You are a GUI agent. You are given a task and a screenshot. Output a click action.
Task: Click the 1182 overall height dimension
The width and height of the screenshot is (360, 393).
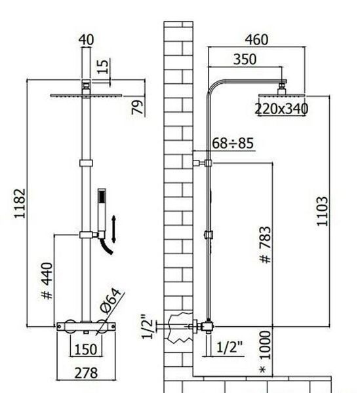pos(20,204)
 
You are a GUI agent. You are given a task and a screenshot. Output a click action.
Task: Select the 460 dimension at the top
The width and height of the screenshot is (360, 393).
pos(256,40)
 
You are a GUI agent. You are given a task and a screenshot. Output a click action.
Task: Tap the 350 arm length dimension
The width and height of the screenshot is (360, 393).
pos(245,60)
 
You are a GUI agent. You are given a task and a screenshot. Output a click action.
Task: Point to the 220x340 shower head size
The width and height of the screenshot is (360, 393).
pos(281,109)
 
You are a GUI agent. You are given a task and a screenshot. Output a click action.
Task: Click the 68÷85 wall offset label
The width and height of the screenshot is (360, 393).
pos(233,143)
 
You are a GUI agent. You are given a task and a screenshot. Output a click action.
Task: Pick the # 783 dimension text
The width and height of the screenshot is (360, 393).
pos(266,245)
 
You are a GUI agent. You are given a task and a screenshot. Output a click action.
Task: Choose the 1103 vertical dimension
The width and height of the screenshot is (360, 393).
pos(323,212)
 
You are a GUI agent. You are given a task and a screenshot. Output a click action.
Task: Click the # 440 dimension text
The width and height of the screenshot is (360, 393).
pos(47,281)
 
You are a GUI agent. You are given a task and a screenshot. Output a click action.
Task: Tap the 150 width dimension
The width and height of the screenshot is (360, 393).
pos(86,349)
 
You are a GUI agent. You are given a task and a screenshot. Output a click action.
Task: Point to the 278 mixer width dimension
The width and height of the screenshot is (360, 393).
pos(86,373)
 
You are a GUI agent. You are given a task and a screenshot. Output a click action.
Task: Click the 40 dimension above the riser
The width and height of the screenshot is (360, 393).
pos(86,40)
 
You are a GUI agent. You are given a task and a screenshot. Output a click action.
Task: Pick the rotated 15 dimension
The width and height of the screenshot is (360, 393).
pos(103,66)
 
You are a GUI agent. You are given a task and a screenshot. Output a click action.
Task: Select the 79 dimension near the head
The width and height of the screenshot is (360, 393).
pos(138,107)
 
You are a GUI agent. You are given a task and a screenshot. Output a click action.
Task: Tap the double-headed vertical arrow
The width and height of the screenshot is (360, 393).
pos(113,229)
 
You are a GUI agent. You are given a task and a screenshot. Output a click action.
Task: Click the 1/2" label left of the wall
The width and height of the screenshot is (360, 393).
pos(147,326)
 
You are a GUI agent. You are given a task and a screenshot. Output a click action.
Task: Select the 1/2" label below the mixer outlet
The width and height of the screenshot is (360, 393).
pos(230,347)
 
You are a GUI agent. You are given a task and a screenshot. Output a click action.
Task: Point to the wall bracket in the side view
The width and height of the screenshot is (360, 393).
pos(202,163)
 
